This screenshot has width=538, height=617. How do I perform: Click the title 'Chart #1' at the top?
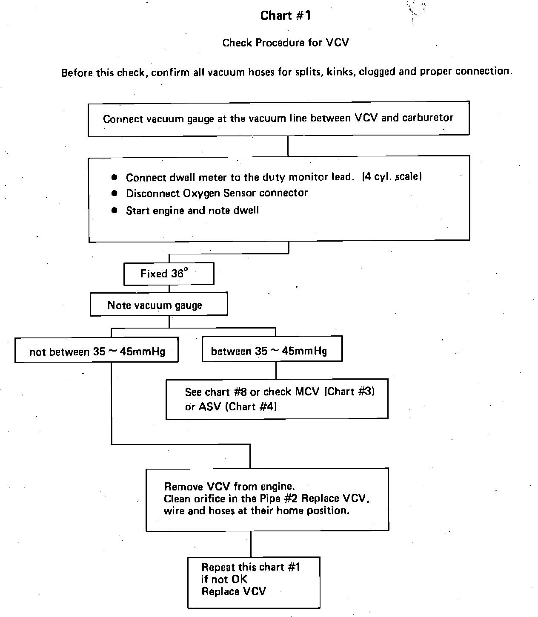coord(286,16)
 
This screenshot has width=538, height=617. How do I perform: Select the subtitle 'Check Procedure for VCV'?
coord(286,43)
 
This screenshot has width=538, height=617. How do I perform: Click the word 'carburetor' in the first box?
coord(427,118)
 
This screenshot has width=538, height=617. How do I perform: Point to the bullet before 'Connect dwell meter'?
coord(114,177)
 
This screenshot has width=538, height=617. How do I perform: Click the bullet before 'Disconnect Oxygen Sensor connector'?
coord(114,193)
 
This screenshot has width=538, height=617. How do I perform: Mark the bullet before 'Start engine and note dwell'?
coord(114,210)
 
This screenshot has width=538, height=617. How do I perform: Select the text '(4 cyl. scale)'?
coord(392,176)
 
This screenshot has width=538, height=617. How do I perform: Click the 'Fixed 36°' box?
coord(169,274)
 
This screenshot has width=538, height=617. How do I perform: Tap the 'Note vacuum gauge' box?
coord(158,305)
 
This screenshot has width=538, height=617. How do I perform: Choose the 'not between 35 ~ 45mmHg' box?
coord(97,351)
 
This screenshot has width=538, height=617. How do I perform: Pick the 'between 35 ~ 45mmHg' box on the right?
coord(272,351)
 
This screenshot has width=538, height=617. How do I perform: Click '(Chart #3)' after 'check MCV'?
coord(349,392)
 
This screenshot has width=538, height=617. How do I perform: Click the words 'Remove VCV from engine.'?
coord(229,486)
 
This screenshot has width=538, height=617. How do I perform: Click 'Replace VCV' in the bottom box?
coord(233,591)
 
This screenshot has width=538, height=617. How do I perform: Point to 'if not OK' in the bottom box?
coord(224,580)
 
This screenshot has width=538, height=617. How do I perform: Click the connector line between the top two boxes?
coord(288,146)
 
